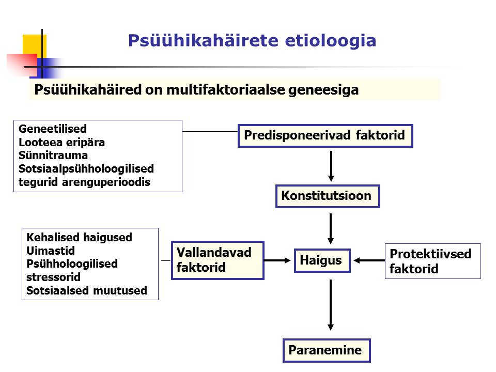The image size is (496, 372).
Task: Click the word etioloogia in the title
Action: point(331,40)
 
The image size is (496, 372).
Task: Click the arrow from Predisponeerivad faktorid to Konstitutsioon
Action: point(331,166)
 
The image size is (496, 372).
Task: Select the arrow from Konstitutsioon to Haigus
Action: point(331,228)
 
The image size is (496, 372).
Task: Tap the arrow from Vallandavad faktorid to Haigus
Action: point(277,260)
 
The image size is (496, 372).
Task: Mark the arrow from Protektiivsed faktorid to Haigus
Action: point(369,260)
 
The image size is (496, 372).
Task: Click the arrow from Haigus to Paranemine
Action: point(331,305)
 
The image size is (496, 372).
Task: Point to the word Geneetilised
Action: point(53,129)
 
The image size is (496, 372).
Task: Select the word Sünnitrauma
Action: point(53,156)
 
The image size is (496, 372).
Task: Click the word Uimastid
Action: point(51,251)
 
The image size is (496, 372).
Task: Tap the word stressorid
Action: point(53,277)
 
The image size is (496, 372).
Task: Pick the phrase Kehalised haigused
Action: point(79,237)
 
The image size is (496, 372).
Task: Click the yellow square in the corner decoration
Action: point(35,46)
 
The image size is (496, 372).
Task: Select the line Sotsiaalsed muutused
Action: point(87,290)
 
